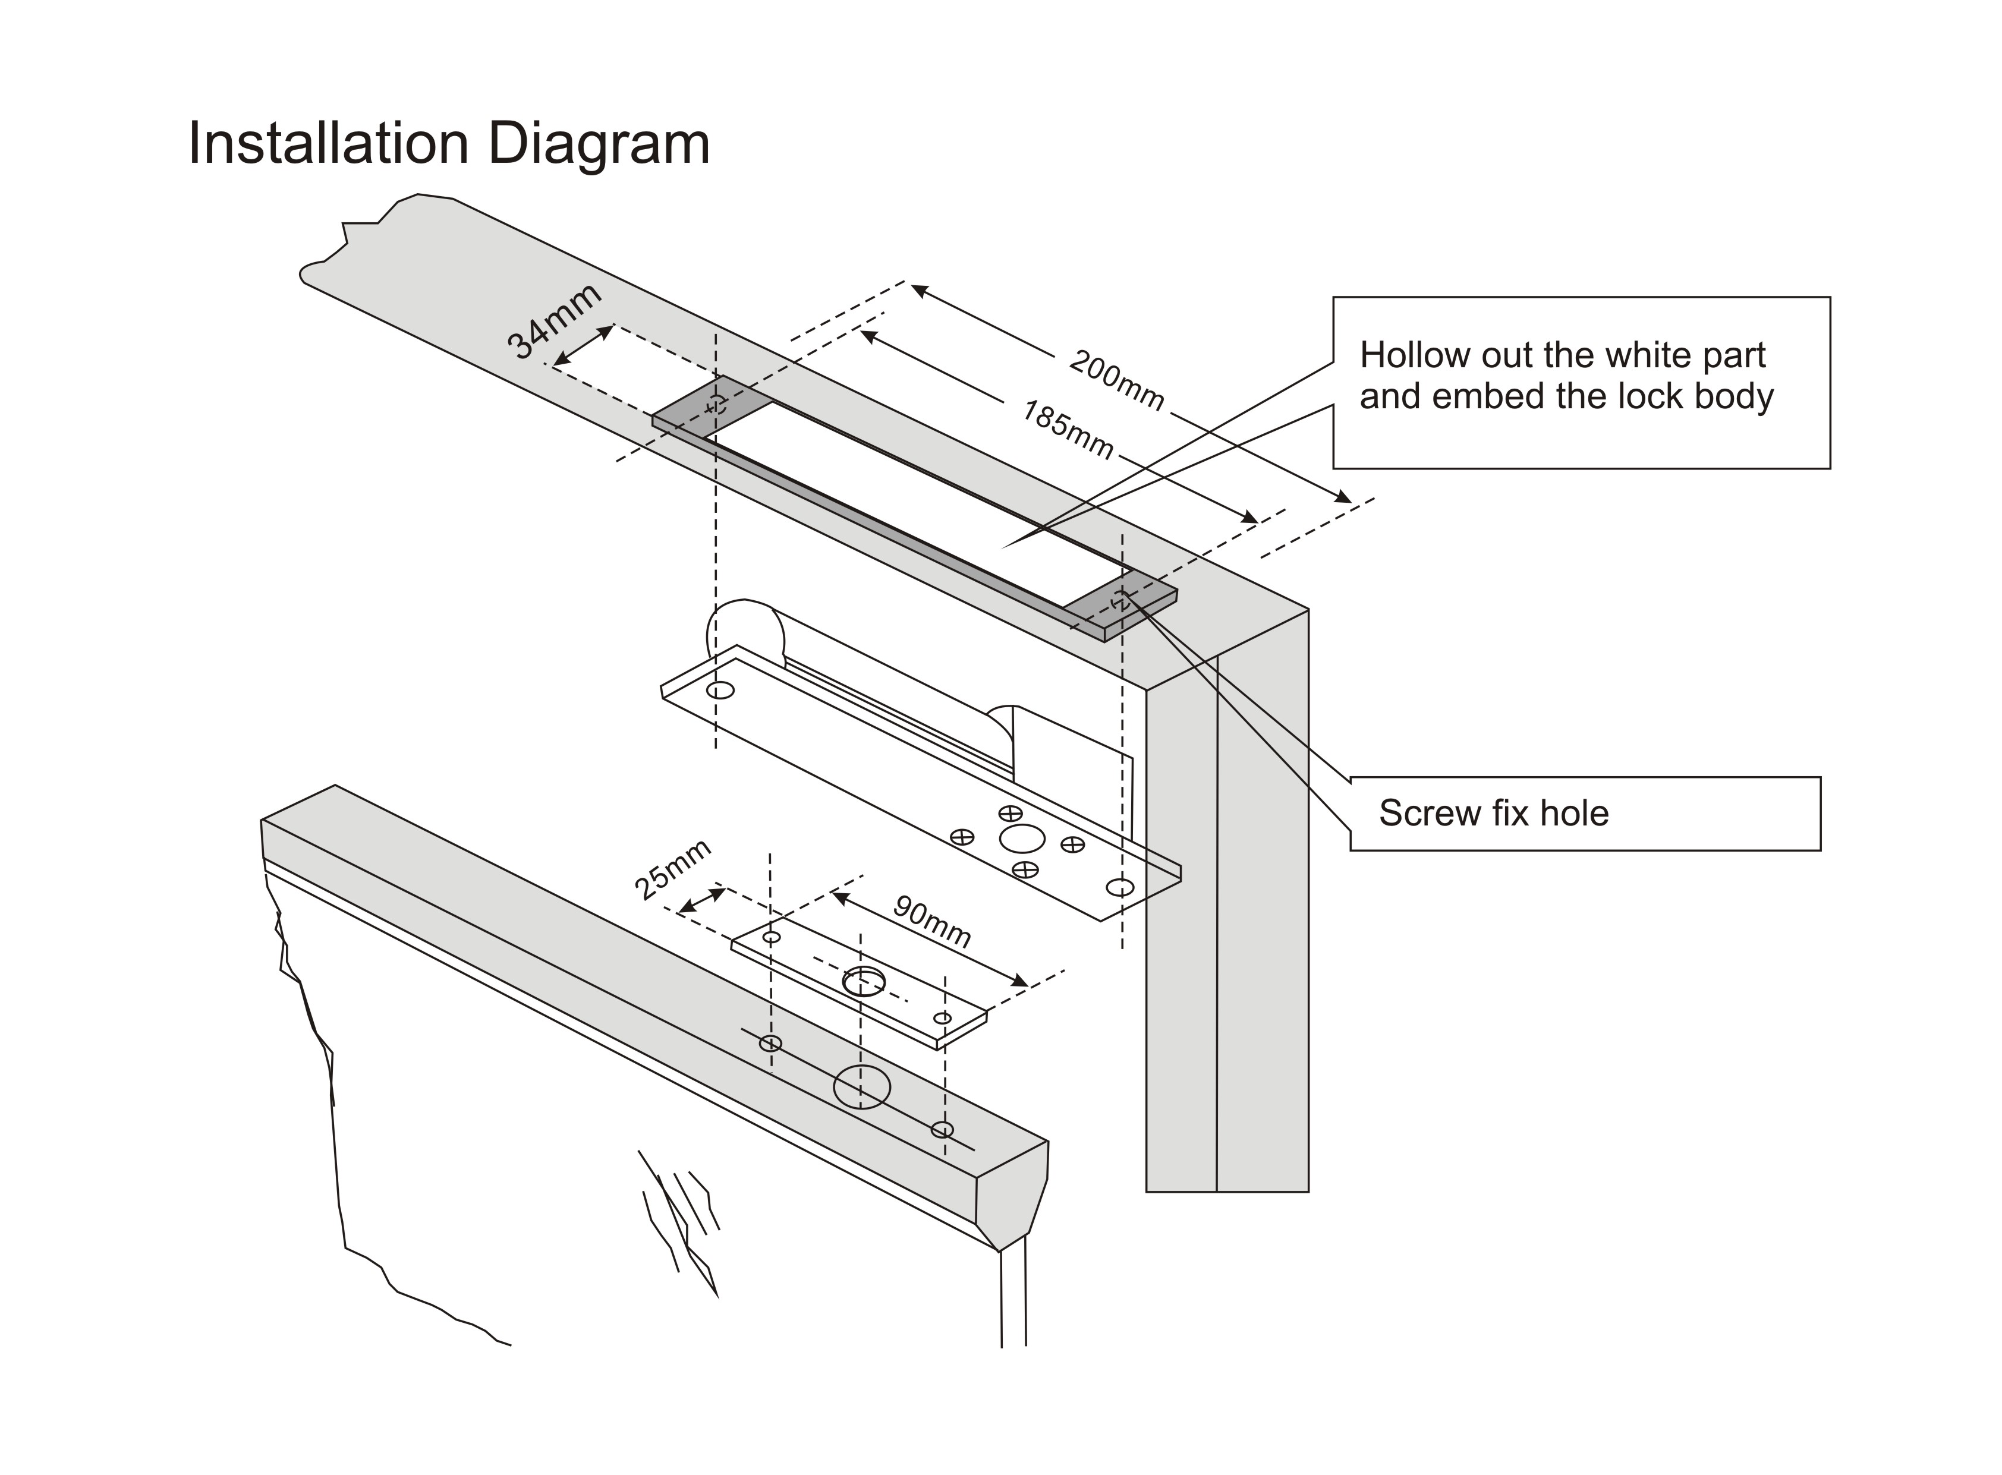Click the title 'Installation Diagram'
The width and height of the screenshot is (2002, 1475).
pos(449,144)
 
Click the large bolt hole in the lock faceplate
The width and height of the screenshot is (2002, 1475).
pos(1022,839)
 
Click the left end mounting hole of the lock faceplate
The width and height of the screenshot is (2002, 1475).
pos(720,690)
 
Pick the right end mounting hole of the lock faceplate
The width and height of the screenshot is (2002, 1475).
pos(1120,887)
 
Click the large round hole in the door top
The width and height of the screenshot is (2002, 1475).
pos(862,1086)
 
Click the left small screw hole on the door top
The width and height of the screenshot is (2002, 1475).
pos(770,1043)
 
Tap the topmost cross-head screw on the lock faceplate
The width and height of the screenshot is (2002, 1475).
pos(1010,814)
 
